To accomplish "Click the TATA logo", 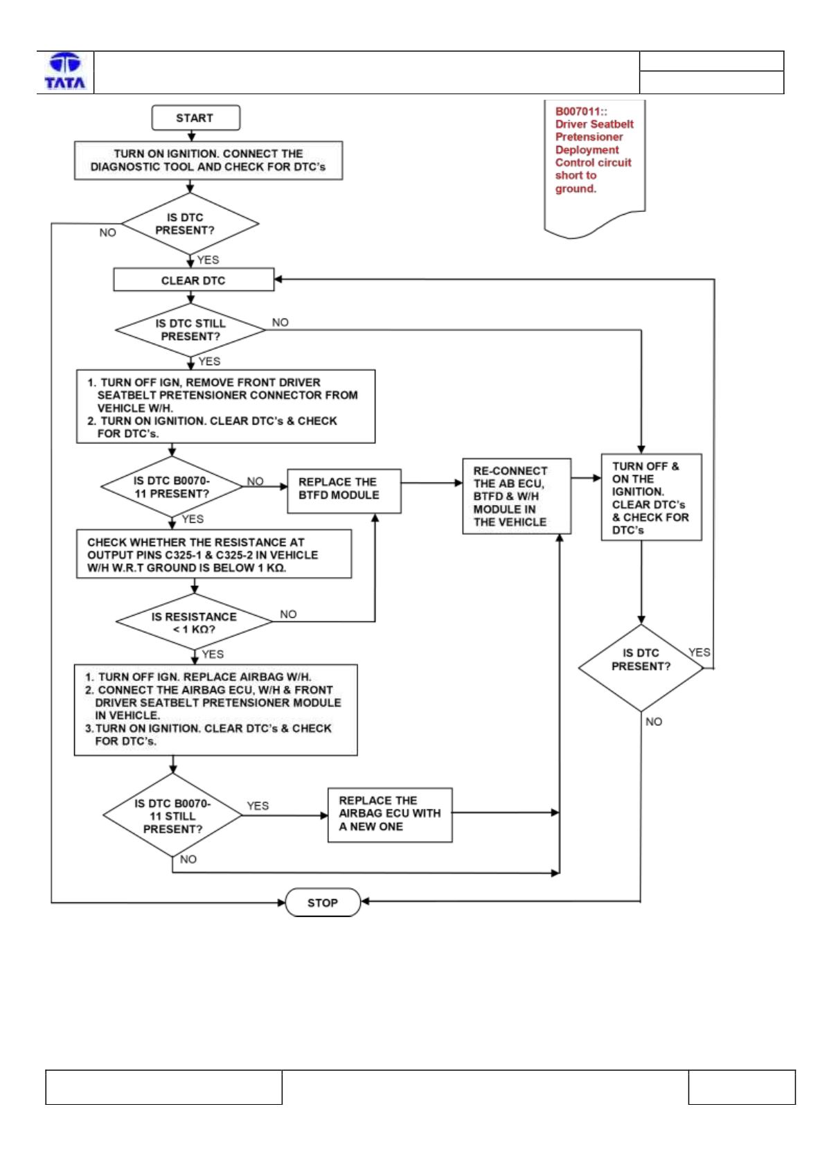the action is click(x=65, y=71).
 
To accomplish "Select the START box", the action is click(x=196, y=118).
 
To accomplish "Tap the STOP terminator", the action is click(x=323, y=903).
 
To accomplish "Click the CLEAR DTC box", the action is click(x=193, y=280).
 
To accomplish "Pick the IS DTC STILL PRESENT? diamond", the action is click(x=190, y=330).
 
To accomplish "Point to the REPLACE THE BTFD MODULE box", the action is click(x=344, y=491).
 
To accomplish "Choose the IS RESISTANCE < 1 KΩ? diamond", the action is click(x=194, y=622).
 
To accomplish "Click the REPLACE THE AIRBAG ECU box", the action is click(x=390, y=815).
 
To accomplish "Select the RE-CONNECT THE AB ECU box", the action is click(x=517, y=496).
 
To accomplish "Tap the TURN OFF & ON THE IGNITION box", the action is click(x=651, y=497).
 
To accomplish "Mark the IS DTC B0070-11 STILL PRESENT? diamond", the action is click(x=172, y=815).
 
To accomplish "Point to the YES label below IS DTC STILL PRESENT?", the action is click(x=209, y=362).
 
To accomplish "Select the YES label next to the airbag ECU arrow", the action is click(x=258, y=806).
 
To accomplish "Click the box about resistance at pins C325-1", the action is click(x=214, y=554).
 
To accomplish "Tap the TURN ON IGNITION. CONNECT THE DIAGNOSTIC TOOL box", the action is click(x=208, y=160).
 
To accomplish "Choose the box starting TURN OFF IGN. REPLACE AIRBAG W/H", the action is click(x=216, y=710).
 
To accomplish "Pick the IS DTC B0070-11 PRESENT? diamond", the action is click(x=172, y=486).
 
